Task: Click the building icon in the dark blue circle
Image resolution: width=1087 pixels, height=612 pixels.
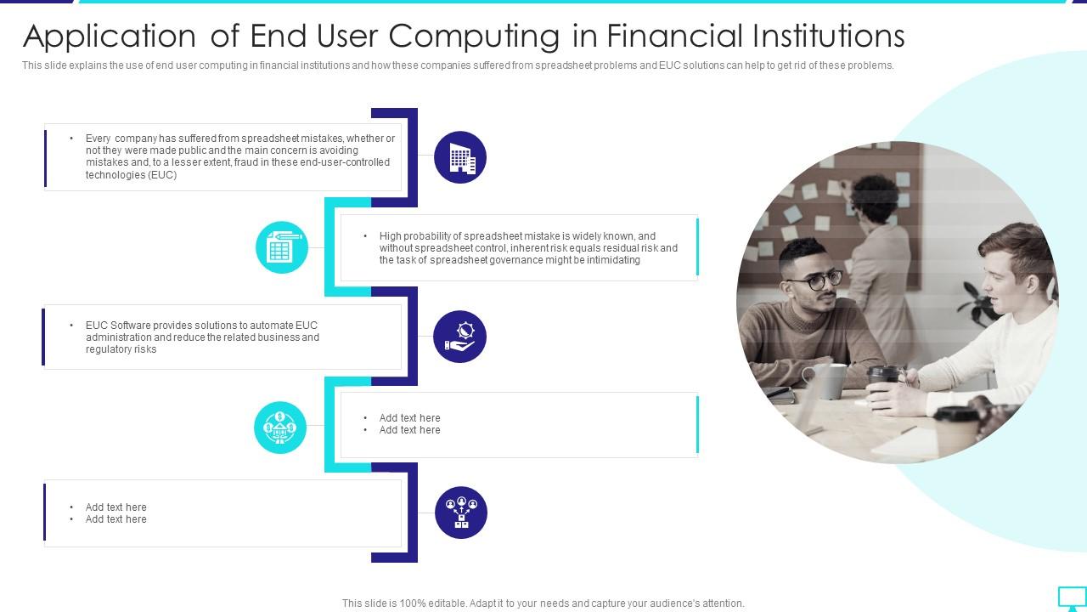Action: [460, 157]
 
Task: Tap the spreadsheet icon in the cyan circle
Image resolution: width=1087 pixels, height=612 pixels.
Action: [281, 247]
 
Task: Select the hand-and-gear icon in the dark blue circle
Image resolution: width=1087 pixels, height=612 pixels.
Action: [459, 336]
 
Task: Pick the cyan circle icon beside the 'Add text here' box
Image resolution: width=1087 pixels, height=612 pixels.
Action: [279, 427]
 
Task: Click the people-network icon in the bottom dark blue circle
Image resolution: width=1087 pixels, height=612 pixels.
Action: [461, 512]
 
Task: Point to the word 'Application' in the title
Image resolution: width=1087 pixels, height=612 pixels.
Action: [110, 37]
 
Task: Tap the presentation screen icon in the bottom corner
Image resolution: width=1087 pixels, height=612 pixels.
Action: [1072, 598]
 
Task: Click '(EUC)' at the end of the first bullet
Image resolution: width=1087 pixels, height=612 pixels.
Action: [162, 175]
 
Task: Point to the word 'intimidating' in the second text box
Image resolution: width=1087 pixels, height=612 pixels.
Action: [611, 260]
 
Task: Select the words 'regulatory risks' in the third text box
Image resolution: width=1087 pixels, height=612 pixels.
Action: [121, 349]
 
